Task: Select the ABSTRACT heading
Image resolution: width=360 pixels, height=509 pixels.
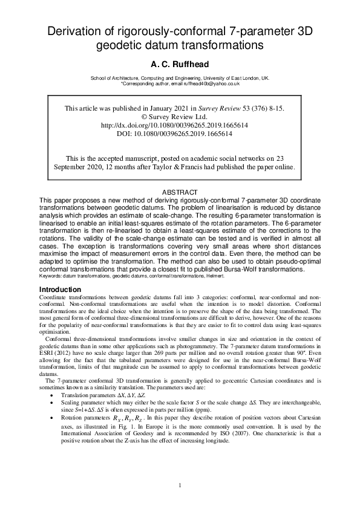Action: click(x=180, y=192)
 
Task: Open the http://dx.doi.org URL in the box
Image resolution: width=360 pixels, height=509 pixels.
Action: click(x=174, y=125)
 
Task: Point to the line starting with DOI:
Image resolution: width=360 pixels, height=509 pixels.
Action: click(x=174, y=134)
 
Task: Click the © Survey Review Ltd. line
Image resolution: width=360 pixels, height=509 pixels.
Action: click(x=174, y=117)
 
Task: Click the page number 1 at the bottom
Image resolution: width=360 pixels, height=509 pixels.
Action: click(x=180, y=484)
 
